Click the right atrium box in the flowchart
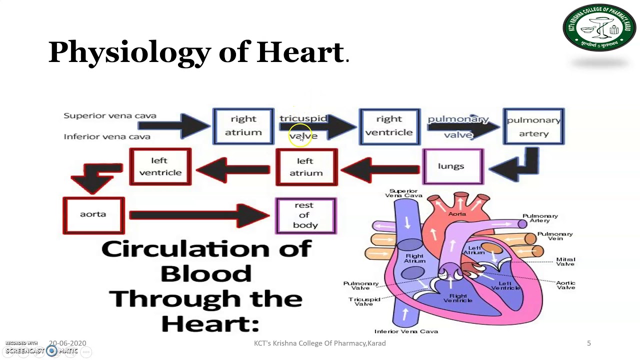coord(243,126)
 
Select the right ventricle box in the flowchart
coord(389,126)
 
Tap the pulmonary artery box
coord(533,126)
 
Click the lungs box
coord(452,166)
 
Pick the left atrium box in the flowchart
coord(306,167)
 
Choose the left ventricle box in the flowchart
coord(160,166)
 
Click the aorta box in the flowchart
coord(93,215)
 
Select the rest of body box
coord(305,215)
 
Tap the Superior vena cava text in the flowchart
coord(110,115)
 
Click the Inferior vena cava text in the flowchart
coord(107,136)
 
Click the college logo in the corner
coord(599,28)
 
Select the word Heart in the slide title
coord(299,52)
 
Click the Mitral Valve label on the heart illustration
coord(565,261)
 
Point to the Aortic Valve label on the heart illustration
coord(565,285)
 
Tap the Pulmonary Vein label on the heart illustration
coord(554,236)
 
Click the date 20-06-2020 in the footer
coord(67,343)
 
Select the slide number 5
coord(588,343)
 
